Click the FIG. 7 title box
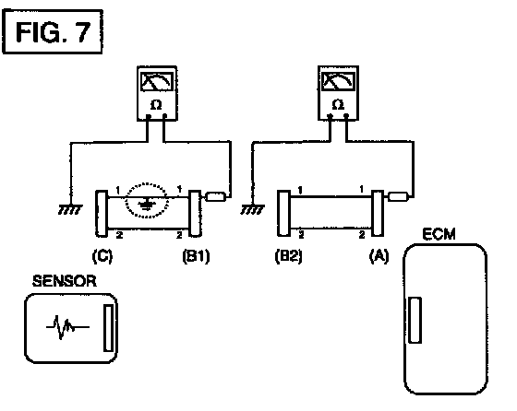click(x=53, y=31)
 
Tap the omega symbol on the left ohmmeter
click(x=156, y=105)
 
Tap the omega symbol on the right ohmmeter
click(x=338, y=105)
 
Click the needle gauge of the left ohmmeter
click(x=157, y=82)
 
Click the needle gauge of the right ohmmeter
click(x=338, y=81)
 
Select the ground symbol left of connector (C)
click(x=70, y=209)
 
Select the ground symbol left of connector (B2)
click(x=252, y=209)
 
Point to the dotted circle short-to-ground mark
click(x=147, y=200)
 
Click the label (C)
click(x=102, y=256)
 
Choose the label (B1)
click(x=196, y=256)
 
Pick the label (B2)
click(x=288, y=256)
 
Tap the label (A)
click(x=379, y=256)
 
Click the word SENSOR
click(x=65, y=281)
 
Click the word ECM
click(x=439, y=234)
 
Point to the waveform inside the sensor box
click(x=67, y=327)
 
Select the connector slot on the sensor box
click(x=109, y=328)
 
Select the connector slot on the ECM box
click(x=415, y=320)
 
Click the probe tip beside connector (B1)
click(x=216, y=197)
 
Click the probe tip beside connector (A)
click(x=398, y=197)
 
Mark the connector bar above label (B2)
click(x=283, y=213)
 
